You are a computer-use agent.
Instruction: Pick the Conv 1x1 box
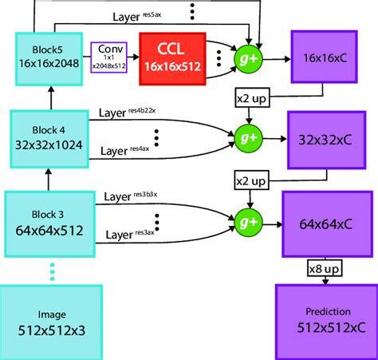(x=109, y=58)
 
